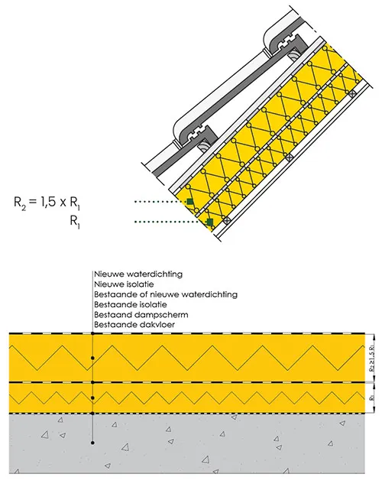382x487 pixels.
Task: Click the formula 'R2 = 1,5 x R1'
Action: pyautogui.click(x=59, y=202)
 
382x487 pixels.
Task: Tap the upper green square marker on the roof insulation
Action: pyautogui.click(x=191, y=201)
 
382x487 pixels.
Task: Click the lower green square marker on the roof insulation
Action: pyautogui.click(x=209, y=222)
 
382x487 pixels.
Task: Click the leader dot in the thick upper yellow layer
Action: pyautogui.click(x=92, y=357)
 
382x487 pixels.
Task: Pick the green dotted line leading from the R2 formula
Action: pyautogui.click(x=160, y=202)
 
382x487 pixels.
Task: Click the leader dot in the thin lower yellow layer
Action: pyautogui.click(x=92, y=398)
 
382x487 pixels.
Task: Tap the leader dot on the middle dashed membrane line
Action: pyautogui.click(x=92, y=381)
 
